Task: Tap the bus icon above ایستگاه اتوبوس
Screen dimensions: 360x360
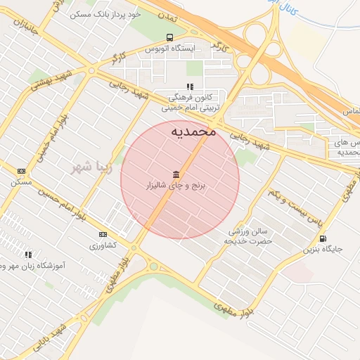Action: coord(169,37)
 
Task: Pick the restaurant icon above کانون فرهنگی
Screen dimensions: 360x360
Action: coord(189,87)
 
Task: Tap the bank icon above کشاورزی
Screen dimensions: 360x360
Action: coord(103,234)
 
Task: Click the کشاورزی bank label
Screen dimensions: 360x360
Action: coord(103,245)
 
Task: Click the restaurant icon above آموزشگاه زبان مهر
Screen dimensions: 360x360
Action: coord(28,255)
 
